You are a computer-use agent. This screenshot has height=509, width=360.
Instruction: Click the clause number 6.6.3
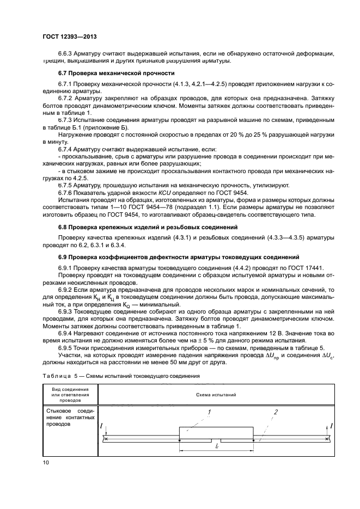pyautogui.click(x=66, y=53)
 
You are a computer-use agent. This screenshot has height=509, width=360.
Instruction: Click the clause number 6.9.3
pyautogui.click(x=66, y=310)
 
